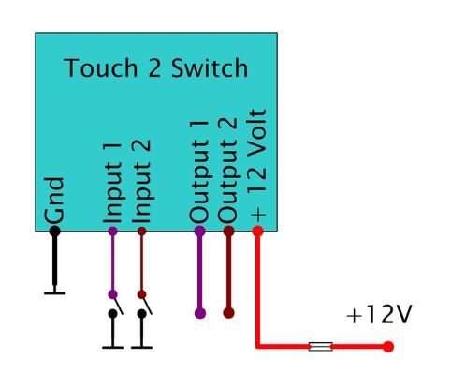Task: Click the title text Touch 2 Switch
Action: pos(156,69)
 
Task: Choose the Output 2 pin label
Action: pos(227,169)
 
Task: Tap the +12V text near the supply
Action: pos(378,316)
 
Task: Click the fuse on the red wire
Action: pos(320,347)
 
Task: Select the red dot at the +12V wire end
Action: pos(388,347)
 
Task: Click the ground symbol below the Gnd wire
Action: pos(54,292)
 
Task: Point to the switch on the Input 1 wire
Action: pos(113,304)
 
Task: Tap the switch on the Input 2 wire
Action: pos(142,304)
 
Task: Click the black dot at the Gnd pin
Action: pos(54,230)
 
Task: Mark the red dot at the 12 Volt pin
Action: pos(258,230)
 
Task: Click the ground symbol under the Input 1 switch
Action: pos(113,344)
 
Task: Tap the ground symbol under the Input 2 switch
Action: pos(142,344)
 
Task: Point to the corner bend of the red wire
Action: pos(258,347)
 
